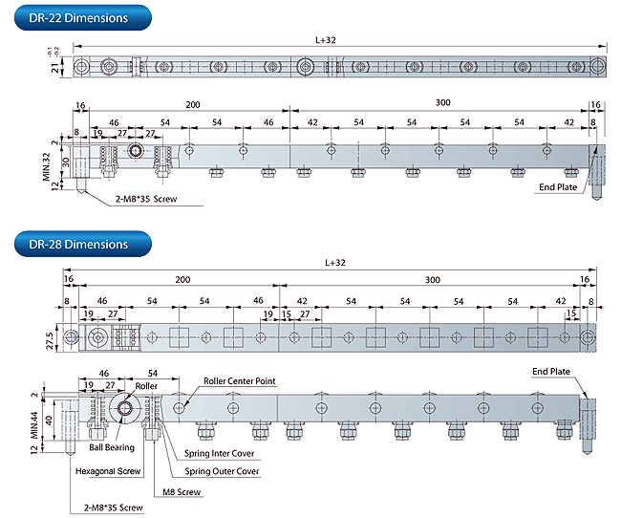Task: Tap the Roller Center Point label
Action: (x=239, y=381)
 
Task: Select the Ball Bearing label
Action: (x=112, y=446)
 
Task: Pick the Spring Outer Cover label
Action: (x=222, y=471)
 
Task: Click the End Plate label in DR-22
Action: (x=558, y=187)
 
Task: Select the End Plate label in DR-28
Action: (x=552, y=371)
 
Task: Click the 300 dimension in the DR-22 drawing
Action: (x=442, y=103)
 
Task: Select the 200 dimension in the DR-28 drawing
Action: (x=182, y=280)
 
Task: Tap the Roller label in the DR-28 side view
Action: (x=146, y=386)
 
